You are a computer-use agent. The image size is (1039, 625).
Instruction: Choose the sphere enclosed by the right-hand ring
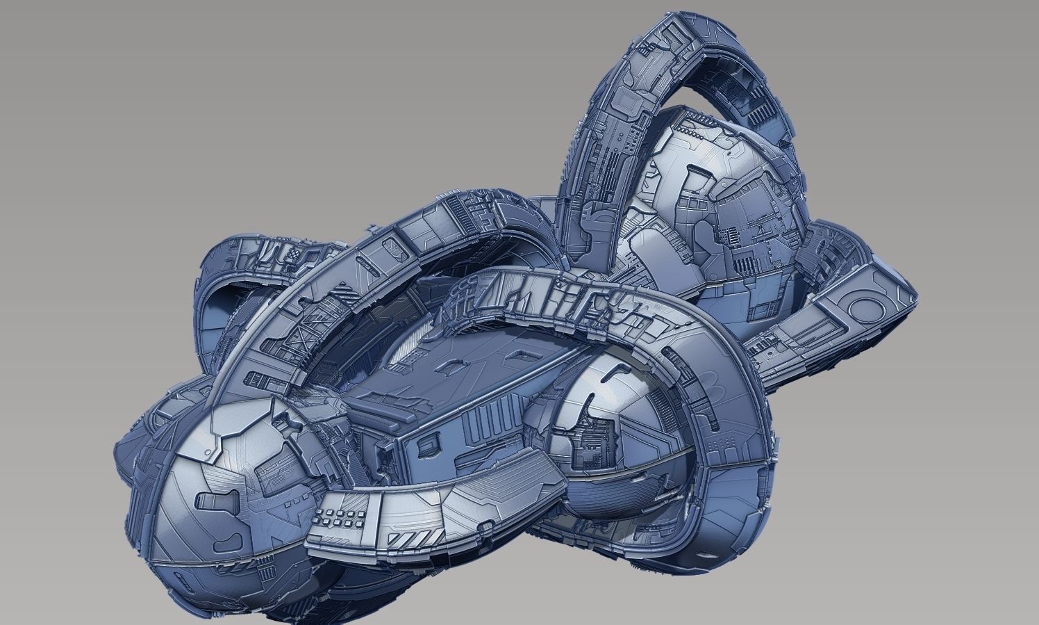(x=611, y=431)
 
